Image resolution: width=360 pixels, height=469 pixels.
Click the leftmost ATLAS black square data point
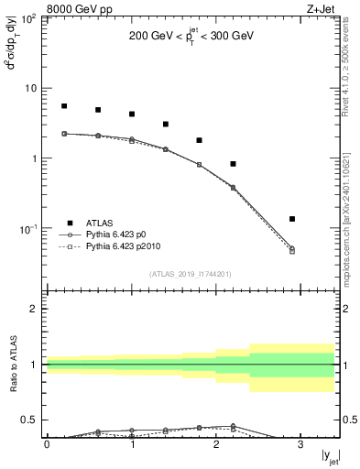[x=64, y=106]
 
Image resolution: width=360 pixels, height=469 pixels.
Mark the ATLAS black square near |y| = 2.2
[x=234, y=164]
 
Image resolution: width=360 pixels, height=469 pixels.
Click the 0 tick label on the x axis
[x=47, y=446]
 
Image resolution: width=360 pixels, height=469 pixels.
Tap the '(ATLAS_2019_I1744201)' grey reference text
[x=191, y=274]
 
